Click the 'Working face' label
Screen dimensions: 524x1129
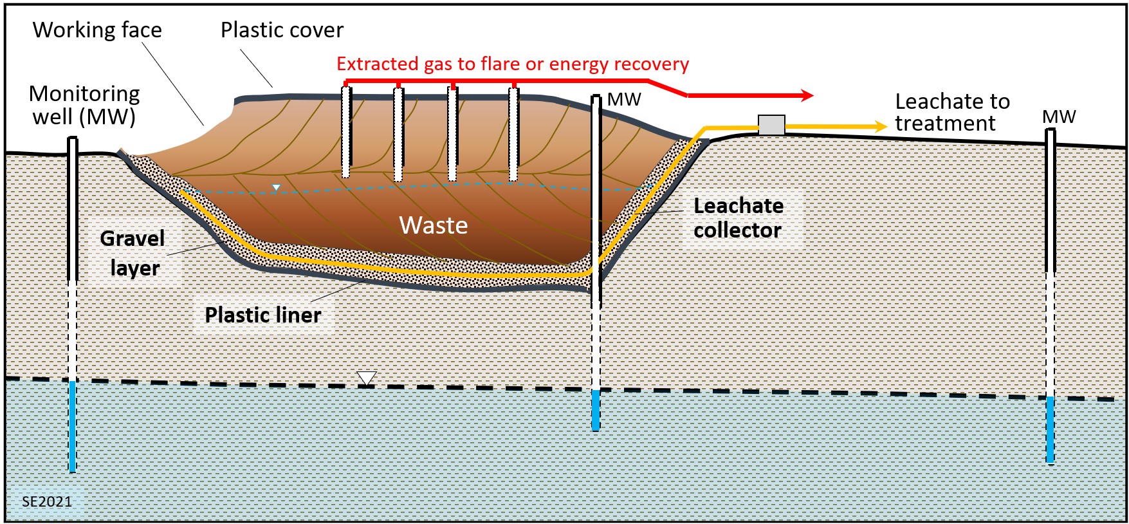tap(97, 30)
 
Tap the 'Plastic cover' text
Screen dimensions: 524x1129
tap(282, 30)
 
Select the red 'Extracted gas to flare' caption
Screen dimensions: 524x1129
tap(512, 64)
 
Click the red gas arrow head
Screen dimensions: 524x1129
tap(808, 96)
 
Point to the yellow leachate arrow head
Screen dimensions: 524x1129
tap(881, 127)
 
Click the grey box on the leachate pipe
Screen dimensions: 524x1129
tap(771, 125)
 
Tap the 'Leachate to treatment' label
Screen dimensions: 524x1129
tap(951, 112)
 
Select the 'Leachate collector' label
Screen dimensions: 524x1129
tap(738, 218)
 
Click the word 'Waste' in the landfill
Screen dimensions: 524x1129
tap(433, 225)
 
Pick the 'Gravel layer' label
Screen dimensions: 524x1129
tap(133, 253)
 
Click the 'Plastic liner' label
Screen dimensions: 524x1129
tap(262, 315)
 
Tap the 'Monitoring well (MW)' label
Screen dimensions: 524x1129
tap(84, 105)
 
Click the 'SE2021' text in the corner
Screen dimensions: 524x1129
tap(46, 501)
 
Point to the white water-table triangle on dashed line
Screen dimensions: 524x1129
tap(366, 378)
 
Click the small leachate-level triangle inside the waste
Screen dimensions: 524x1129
tap(276, 188)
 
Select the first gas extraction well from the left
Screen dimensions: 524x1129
tap(346, 132)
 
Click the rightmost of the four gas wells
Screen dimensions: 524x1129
tap(513, 133)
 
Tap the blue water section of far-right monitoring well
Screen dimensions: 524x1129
tap(1050, 429)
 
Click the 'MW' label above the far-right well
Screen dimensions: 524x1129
tap(1059, 117)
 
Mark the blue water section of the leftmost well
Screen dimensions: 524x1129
tap(73, 426)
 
